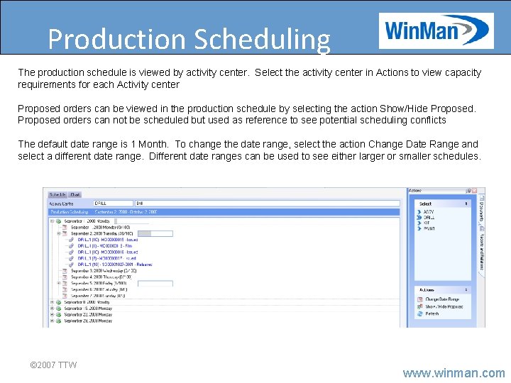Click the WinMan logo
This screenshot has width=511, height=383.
(x=435, y=30)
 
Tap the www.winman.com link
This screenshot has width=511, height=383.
(x=454, y=372)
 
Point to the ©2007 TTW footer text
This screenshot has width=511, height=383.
(x=53, y=365)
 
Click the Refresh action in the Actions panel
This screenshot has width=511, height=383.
(x=432, y=313)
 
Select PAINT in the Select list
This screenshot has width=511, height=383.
(x=429, y=228)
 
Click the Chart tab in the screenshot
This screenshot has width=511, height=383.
(x=75, y=194)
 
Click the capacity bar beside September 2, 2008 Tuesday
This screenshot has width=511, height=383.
(x=155, y=233)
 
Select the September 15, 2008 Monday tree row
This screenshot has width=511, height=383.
(x=88, y=308)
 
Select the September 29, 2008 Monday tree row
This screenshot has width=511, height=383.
(x=88, y=321)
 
